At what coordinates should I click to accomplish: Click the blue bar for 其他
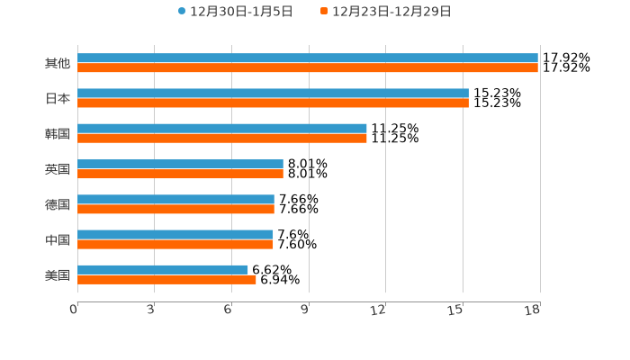click(x=307, y=58)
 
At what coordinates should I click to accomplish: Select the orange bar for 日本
click(x=273, y=103)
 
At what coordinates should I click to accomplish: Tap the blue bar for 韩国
click(x=221, y=129)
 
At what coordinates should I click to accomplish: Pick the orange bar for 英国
click(x=180, y=174)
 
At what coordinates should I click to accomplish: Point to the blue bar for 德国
click(x=175, y=199)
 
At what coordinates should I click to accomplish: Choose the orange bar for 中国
click(x=175, y=244)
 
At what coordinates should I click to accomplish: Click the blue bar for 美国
click(x=162, y=269)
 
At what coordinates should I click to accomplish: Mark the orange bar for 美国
click(x=166, y=279)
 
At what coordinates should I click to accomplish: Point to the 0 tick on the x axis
click(x=74, y=310)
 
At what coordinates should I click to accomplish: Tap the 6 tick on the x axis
click(x=229, y=310)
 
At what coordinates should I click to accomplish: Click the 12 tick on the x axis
click(x=379, y=310)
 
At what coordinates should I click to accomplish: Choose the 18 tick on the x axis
click(x=533, y=310)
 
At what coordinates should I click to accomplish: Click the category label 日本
click(x=58, y=99)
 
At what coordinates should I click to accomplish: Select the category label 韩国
click(x=58, y=134)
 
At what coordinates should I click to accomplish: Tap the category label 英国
click(x=58, y=169)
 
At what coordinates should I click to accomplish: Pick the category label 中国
click(x=58, y=240)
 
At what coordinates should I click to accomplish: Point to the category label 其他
click(x=58, y=64)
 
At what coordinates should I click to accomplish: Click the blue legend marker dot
click(x=182, y=12)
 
